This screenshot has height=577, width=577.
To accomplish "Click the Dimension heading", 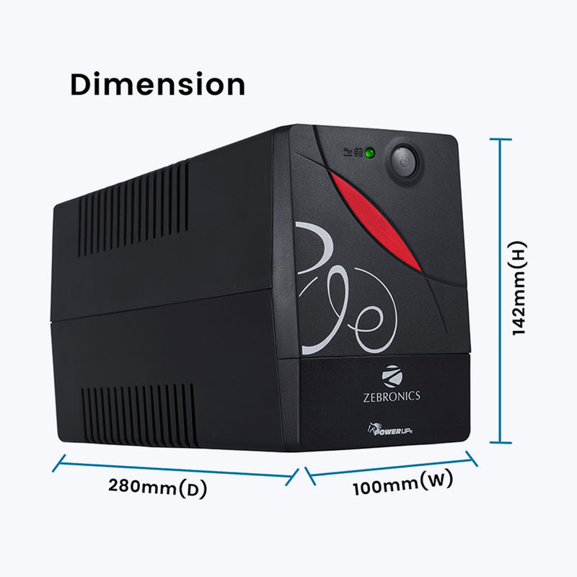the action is pos(157,84).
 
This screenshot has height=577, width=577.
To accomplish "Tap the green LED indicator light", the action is pos(369,153).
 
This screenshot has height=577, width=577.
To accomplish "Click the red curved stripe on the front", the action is pos(374,221).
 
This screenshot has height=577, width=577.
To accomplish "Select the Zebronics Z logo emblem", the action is pos(392,376).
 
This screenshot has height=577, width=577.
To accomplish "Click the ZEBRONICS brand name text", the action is pos(392,397).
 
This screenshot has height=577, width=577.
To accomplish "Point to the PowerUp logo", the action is pos(389,429).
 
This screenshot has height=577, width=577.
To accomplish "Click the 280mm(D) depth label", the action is pos(158,488).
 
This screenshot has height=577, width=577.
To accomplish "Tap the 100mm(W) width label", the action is pos(403,483).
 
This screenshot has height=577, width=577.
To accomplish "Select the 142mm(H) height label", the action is pos(519,288).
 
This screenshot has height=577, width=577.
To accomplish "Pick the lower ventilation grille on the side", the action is pos(139,415).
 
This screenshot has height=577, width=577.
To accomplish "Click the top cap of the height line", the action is pos(501,139).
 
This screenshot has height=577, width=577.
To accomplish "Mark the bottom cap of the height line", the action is pos(501,442).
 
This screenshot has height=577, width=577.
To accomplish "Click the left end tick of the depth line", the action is pos(59,463).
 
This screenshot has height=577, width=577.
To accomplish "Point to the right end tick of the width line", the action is pos(472,459).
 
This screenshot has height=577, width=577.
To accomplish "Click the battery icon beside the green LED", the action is pos(358,151).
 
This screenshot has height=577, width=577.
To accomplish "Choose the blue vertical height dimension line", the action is pos(501,291).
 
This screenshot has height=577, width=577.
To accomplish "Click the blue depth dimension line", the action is pos(175,470).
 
